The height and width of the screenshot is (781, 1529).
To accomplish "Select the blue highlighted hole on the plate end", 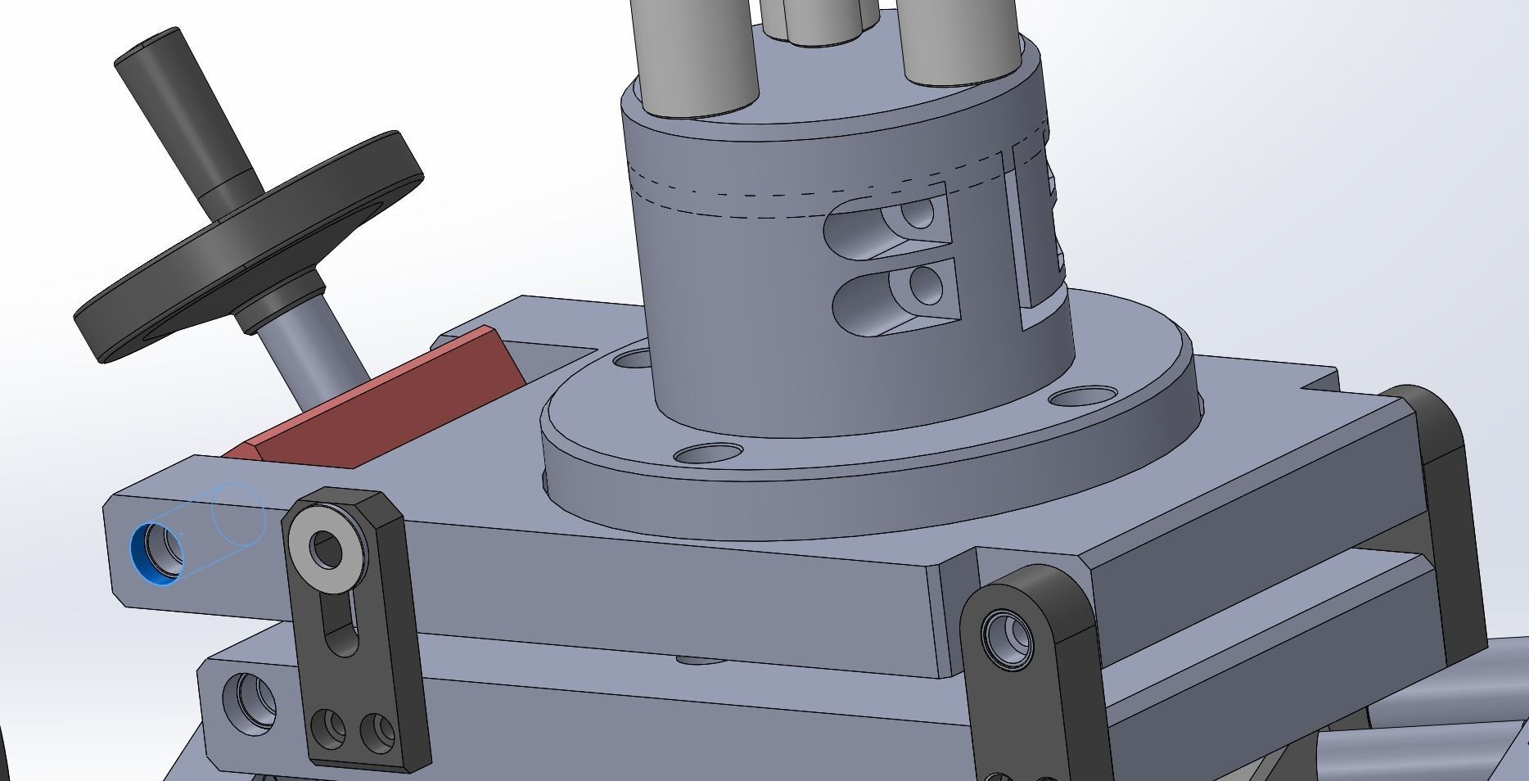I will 156,554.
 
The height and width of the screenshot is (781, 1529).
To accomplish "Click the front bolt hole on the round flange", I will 707,453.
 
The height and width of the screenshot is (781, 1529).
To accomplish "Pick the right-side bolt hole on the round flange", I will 1080,398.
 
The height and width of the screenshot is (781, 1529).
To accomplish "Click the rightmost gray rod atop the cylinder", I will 958,41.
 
